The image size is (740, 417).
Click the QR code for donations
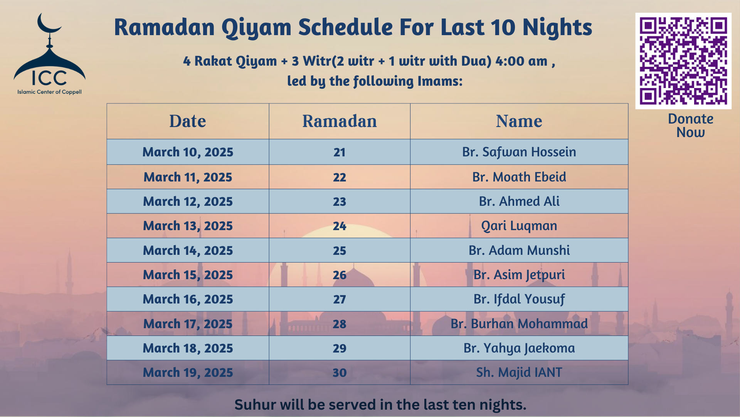point(683,61)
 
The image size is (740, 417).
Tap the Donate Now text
point(690,125)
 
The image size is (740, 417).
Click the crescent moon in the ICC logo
point(47,24)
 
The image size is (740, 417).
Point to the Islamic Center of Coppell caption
point(49,92)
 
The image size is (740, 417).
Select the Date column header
point(188,121)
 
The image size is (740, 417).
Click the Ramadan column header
point(339,121)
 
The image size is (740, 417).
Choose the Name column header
point(519,121)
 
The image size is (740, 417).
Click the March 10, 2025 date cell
point(188,152)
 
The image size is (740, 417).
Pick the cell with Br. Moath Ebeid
point(519,177)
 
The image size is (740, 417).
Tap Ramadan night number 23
point(339,202)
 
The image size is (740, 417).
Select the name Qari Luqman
point(519,226)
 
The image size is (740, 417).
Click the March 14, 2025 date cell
point(188,251)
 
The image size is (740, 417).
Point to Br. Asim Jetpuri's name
point(519,275)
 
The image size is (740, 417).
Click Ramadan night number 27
point(339,299)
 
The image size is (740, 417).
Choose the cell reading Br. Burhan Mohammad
point(519,324)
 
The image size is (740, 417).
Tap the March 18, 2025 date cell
point(188,348)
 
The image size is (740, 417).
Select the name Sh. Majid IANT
point(519,373)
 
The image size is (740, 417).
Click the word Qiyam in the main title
point(256,28)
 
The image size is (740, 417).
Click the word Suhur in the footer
point(255,405)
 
